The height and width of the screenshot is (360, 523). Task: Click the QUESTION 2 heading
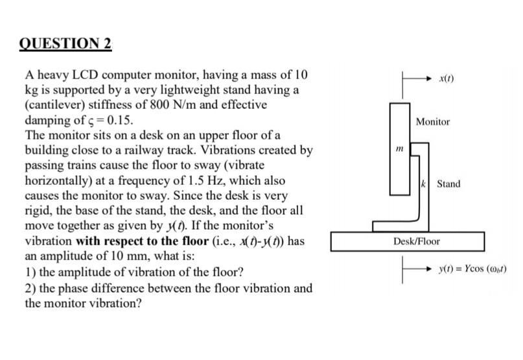click(65, 43)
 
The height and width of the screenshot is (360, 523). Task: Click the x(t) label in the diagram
click(447, 78)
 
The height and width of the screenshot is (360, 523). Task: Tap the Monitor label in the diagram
click(432, 121)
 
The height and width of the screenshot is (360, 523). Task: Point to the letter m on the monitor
click(400, 150)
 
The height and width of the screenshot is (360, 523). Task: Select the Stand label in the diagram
click(448, 184)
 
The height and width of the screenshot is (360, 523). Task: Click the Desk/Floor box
click(417, 241)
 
